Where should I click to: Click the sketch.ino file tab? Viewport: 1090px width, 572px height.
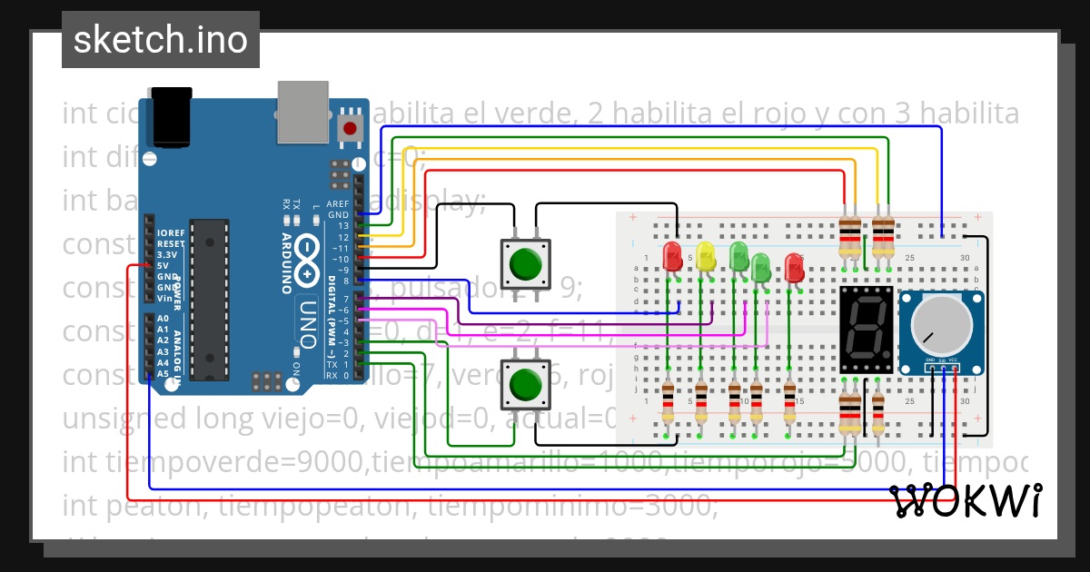point(160,40)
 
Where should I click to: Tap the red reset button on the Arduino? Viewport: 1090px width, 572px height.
point(348,128)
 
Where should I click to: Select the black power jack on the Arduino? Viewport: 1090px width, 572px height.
point(172,116)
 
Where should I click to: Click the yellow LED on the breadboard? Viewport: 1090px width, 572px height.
point(705,255)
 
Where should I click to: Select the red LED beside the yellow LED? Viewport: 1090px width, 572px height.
point(672,255)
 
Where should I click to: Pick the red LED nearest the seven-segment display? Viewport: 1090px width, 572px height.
point(794,267)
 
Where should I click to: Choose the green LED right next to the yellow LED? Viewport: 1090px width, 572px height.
point(738,255)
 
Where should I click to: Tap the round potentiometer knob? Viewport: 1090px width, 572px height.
point(938,326)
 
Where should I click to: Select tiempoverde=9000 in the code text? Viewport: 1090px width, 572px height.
point(213,462)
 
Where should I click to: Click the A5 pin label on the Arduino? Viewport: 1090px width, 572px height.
point(163,373)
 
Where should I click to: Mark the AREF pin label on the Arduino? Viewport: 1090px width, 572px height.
point(338,204)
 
